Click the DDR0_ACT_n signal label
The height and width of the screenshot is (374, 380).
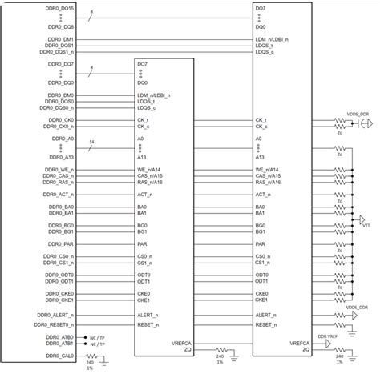59,195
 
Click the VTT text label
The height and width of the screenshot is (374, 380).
366,226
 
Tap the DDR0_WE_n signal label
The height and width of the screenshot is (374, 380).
59,169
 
